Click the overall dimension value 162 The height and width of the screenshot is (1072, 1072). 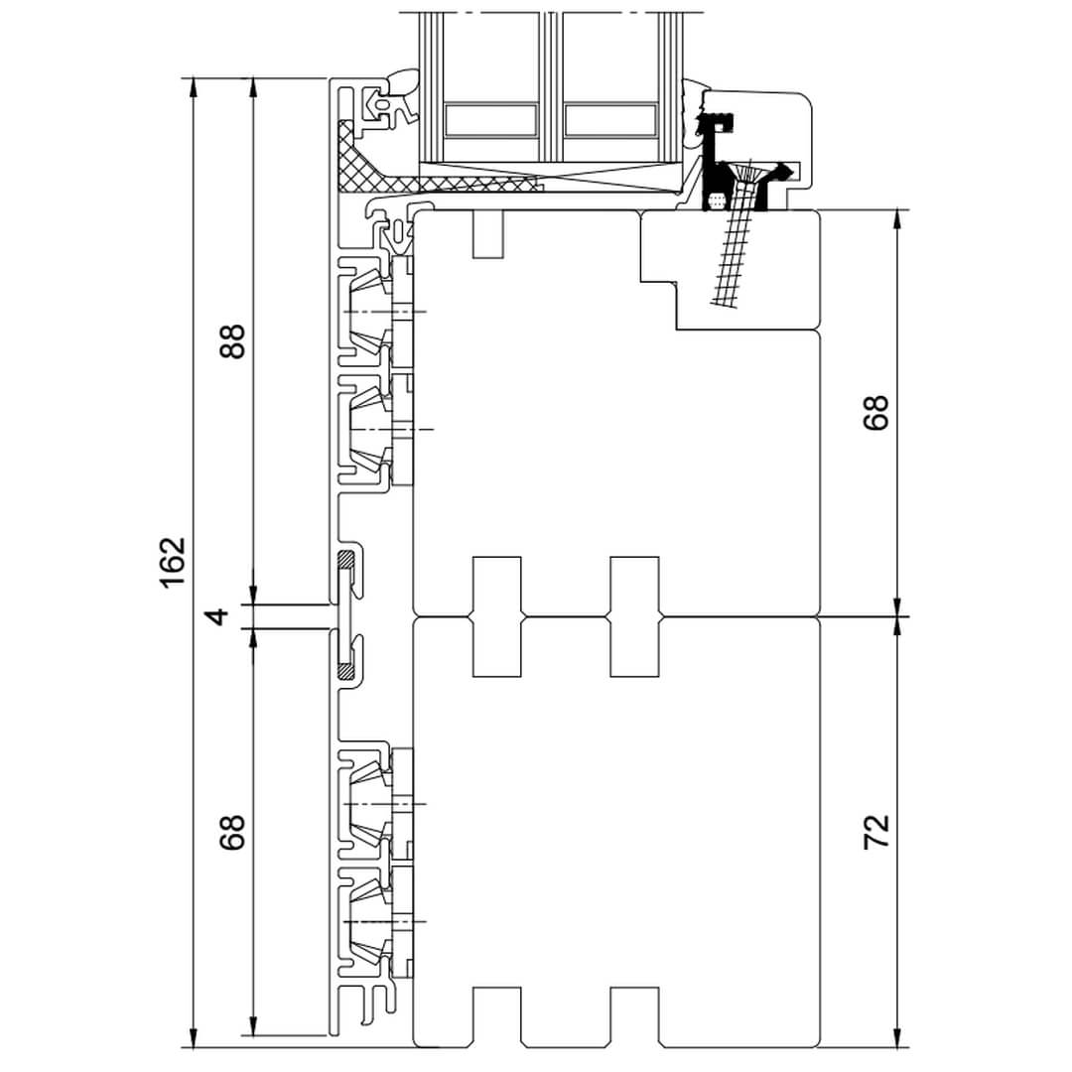click(x=173, y=562)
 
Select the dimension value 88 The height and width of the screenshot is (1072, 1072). click(x=232, y=340)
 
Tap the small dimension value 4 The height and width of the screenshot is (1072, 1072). click(x=218, y=615)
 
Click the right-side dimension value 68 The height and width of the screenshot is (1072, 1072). click(x=876, y=411)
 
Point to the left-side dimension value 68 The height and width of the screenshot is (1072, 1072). click(x=232, y=832)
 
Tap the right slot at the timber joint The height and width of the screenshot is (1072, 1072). click(x=635, y=616)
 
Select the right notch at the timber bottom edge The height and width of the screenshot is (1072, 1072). click(x=635, y=1016)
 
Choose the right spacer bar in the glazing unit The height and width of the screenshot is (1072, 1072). click(x=610, y=120)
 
